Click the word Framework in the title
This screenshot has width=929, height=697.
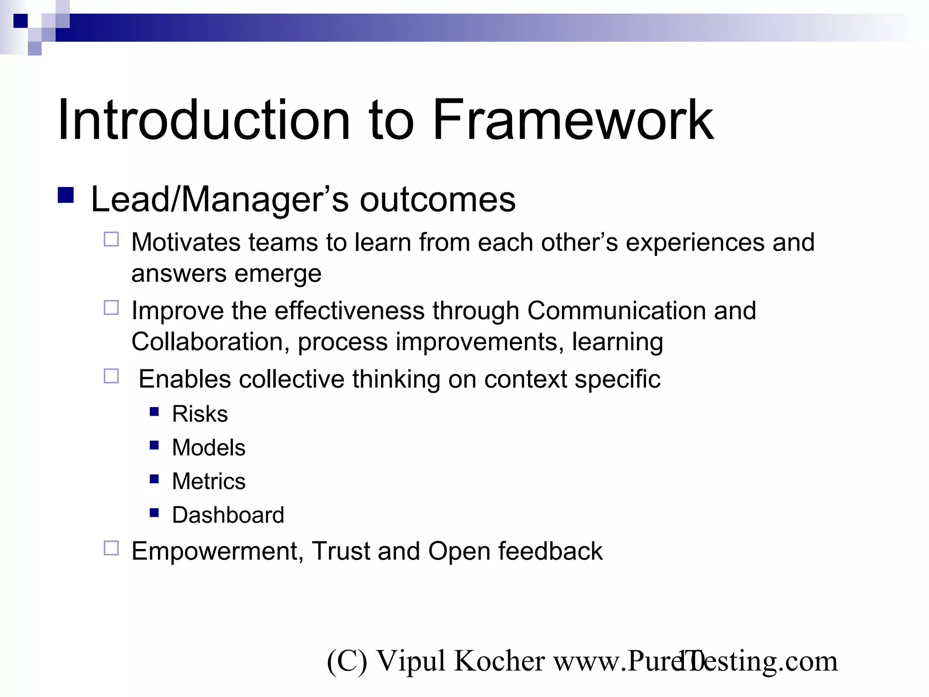pos(572,120)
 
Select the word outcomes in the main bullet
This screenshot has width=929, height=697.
pos(437,200)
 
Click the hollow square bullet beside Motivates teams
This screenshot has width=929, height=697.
pos(111,239)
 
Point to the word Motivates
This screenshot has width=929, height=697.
pos(186,242)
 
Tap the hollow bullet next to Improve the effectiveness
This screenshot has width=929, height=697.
pos(111,308)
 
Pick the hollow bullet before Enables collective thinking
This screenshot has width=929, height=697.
pos(111,376)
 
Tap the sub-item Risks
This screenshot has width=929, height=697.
pos(200,414)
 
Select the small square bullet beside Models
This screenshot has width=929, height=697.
pos(154,445)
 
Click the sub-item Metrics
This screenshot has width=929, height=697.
pos(209,481)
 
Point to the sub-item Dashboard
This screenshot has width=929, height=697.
pos(228,515)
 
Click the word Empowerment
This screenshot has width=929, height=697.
pos(213,551)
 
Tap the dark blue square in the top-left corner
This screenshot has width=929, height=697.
pos(20,21)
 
